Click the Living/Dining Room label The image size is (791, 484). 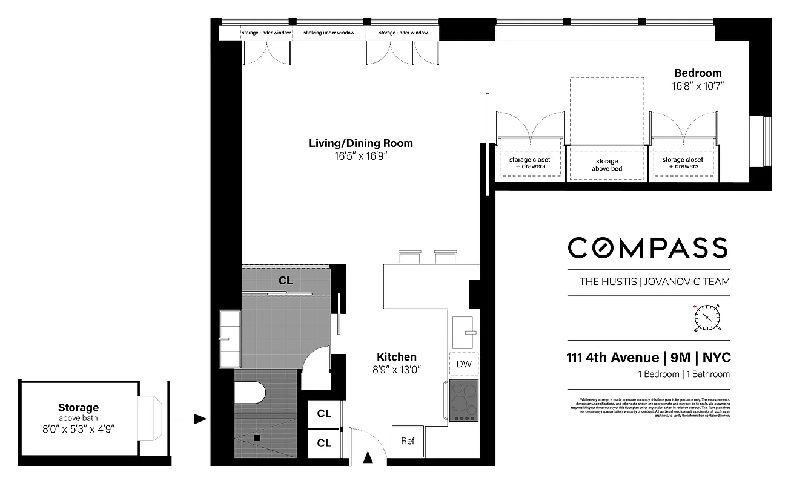[361, 143]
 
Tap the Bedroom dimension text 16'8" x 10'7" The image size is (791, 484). [698, 86]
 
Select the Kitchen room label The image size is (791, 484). [397, 357]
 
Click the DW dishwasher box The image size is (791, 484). [464, 364]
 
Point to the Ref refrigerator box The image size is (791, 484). [408, 441]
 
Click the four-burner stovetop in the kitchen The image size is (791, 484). [464, 400]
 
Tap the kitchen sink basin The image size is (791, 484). [465, 331]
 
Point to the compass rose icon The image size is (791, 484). [706, 317]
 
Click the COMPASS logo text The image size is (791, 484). [647, 247]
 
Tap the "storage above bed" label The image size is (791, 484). [606, 165]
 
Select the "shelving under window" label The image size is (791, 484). [329, 33]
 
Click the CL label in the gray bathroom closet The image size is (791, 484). [286, 281]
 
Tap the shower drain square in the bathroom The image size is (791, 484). [257, 437]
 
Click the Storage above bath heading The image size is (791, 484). [78, 408]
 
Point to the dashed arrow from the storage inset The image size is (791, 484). [188, 419]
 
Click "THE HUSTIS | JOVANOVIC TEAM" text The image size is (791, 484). [654, 281]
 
